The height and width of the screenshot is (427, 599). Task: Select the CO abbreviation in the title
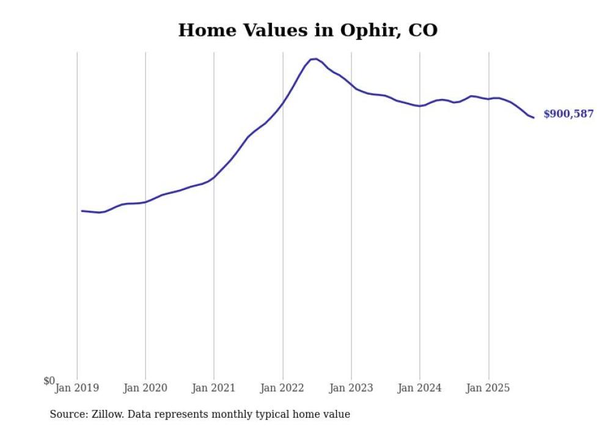coord(422,30)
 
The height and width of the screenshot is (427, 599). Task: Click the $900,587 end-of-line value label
coord(568,114)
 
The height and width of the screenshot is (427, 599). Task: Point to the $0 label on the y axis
coord(49,381)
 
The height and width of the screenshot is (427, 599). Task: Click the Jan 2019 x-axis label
coord(77,388)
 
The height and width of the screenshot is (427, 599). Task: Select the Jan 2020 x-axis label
coord(145,388)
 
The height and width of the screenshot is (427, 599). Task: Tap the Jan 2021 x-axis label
coord(214,388)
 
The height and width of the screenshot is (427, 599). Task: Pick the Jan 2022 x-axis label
coord(283,388)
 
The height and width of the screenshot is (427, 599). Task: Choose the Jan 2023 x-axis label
coord(351,388)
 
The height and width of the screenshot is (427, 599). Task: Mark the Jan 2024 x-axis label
coord(420,388)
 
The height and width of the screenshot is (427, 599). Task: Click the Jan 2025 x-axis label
coord(488,388)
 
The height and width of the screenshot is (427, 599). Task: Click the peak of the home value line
coord(315,59)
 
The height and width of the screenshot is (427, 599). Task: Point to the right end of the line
coord(534,117)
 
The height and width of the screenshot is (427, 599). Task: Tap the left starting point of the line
coord(82,211)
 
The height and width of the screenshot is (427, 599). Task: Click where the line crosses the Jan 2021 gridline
coord(214,177)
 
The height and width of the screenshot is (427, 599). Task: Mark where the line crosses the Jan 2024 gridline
coord(420,106)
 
